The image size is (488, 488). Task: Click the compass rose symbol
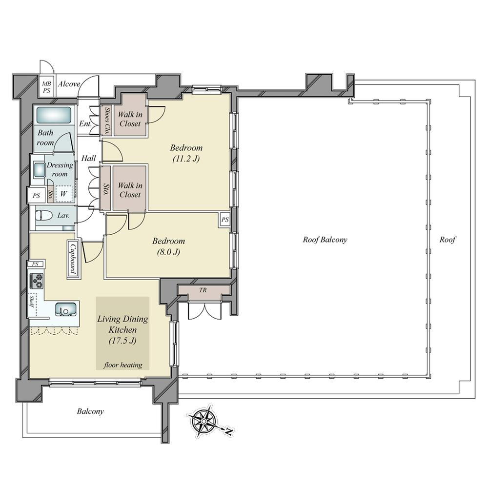point(203,421)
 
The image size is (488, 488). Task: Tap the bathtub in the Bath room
point(54,115)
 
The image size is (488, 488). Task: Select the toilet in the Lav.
point(41,215)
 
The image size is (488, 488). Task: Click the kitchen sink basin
point(66,309)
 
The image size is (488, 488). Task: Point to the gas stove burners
point(37,281)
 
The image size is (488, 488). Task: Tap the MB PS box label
point(46,87)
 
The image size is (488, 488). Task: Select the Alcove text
point(69,84)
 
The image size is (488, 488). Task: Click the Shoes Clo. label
point(107,121)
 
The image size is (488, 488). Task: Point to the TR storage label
point(203,290)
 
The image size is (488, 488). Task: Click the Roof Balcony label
point(325,240)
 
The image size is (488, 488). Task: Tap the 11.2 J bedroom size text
point(186,159)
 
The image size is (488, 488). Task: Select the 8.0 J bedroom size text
point(168,252)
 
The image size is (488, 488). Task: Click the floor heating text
point(123,365)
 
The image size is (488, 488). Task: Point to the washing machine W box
point(64,194)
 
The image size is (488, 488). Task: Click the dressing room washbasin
point(40,170)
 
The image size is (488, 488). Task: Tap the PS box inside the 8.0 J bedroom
point(225,220)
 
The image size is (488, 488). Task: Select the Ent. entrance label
point(85,123)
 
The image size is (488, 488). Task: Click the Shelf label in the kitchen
point(32,301)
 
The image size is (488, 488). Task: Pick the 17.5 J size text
point(122,341)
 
